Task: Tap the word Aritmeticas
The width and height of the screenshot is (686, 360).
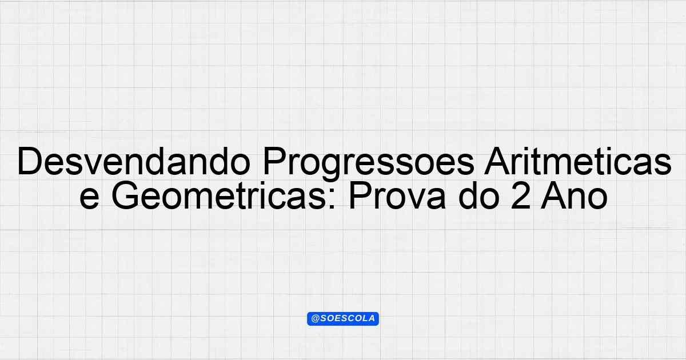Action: [577, 161]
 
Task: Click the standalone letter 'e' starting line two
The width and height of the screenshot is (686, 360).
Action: [89, 199]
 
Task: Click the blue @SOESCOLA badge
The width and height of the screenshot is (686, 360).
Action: [343, 319]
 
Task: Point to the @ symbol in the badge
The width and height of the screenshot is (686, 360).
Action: [315, 319]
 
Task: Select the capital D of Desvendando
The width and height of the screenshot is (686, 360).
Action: [30, 161]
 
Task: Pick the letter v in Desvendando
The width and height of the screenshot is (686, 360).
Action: [93, 165]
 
